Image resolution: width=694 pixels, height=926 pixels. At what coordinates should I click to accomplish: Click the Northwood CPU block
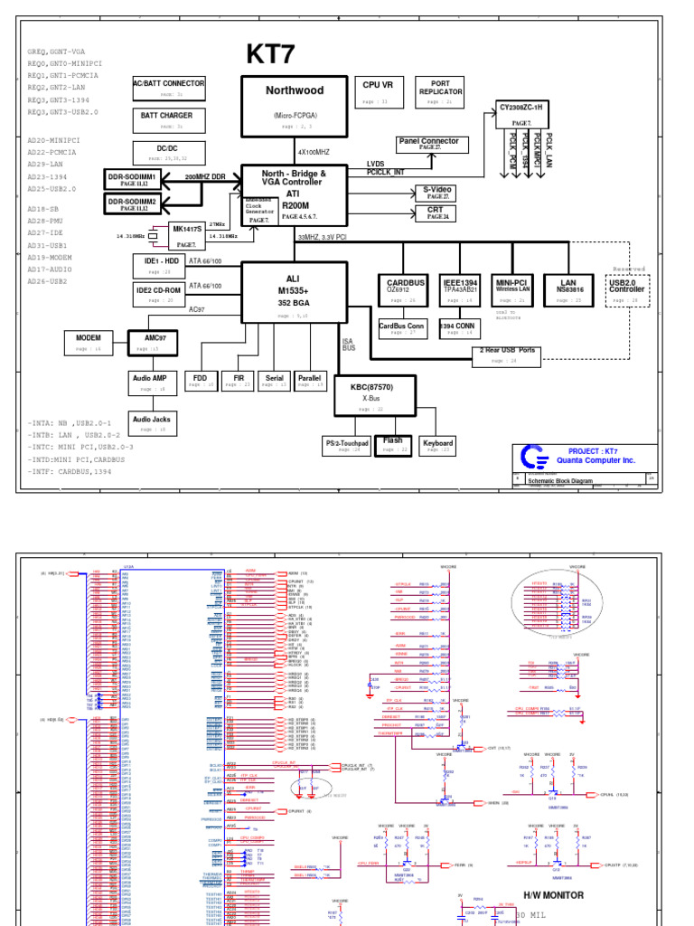pos(295,105)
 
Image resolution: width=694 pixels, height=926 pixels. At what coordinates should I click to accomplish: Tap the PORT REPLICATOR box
pos(440,91)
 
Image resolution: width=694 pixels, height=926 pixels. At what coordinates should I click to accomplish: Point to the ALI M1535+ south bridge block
pos(294,290)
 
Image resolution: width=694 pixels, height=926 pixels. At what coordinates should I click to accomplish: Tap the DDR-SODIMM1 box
pos(133,179)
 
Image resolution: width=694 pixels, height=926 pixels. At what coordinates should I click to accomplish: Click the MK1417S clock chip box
pos(189,236)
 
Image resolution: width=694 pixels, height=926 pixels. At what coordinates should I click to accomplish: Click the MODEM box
pos(89,342)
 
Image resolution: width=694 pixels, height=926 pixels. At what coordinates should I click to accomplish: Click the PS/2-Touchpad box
pos(347,446)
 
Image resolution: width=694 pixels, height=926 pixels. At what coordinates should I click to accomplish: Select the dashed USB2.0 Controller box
pos(627,291)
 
